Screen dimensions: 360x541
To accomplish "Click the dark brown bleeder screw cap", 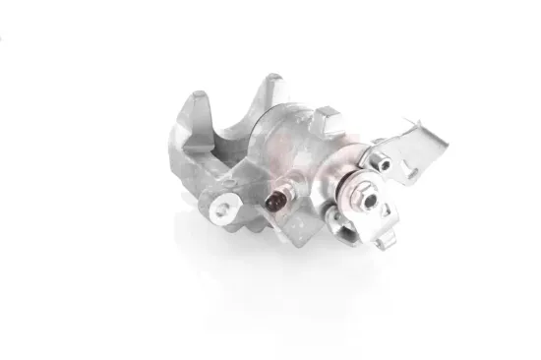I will (276, 204).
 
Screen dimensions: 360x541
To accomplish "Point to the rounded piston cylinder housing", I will (295, 148).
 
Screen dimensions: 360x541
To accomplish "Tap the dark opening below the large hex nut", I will (337, 218).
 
